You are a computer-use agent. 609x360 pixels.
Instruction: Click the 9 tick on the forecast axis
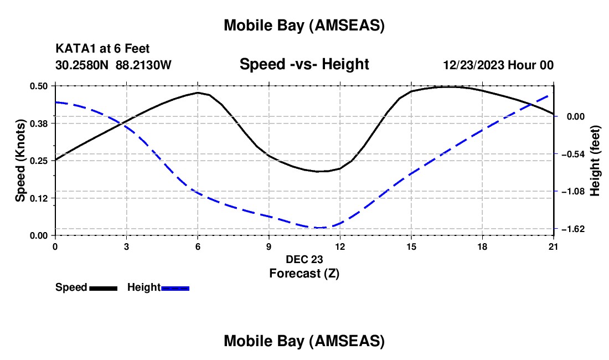point(269,246)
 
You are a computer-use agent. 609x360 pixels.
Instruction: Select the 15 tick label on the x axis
point(411,246)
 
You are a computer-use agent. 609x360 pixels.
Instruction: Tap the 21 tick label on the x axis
point(554,246)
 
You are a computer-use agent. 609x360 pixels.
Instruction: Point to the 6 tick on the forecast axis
point(198,246)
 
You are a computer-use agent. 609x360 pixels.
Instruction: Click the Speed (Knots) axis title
point(20,160)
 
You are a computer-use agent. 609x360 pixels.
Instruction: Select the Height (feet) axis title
point(595,160)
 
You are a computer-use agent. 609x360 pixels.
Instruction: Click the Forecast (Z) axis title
point(304,273)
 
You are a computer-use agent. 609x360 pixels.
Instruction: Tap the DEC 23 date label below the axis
point(304,259)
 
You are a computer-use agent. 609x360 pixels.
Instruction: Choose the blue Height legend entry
point(158,287)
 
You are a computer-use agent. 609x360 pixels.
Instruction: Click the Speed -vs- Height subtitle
point(304,64)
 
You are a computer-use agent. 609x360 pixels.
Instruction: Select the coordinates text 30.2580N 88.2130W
point(113,65)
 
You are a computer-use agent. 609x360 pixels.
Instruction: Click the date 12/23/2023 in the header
point(473,65)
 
